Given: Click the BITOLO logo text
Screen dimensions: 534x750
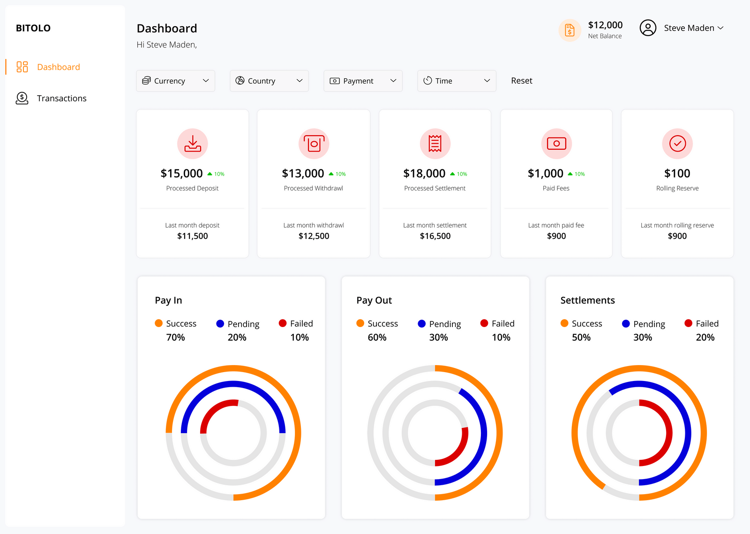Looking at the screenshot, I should point(33,28).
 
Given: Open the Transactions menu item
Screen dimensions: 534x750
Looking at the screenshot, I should point(61,98).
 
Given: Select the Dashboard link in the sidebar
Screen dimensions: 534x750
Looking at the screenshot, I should point(58,67).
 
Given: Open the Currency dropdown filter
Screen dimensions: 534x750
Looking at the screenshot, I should point(175,81).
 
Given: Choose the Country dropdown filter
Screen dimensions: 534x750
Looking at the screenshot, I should point(269,81).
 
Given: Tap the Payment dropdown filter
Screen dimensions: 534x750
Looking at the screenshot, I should point(363,81).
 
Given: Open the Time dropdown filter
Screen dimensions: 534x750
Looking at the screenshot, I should point(457,81).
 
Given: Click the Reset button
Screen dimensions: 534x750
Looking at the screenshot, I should point(521,81).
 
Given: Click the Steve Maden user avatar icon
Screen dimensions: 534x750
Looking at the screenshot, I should point(648,28).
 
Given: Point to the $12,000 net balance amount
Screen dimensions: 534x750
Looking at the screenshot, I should point(605,25).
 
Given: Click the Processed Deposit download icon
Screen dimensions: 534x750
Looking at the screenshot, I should point(192,144).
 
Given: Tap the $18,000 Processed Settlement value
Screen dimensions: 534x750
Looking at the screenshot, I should point(424,174).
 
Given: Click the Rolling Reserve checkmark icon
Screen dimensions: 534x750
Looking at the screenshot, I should point(677,144).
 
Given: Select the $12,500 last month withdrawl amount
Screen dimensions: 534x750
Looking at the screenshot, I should point(314,236).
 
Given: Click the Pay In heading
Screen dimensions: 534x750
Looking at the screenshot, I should point(168,300).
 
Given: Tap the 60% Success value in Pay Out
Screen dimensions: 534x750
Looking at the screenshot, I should point(377,337).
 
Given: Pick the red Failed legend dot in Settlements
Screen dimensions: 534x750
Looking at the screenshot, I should point(688,323).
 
